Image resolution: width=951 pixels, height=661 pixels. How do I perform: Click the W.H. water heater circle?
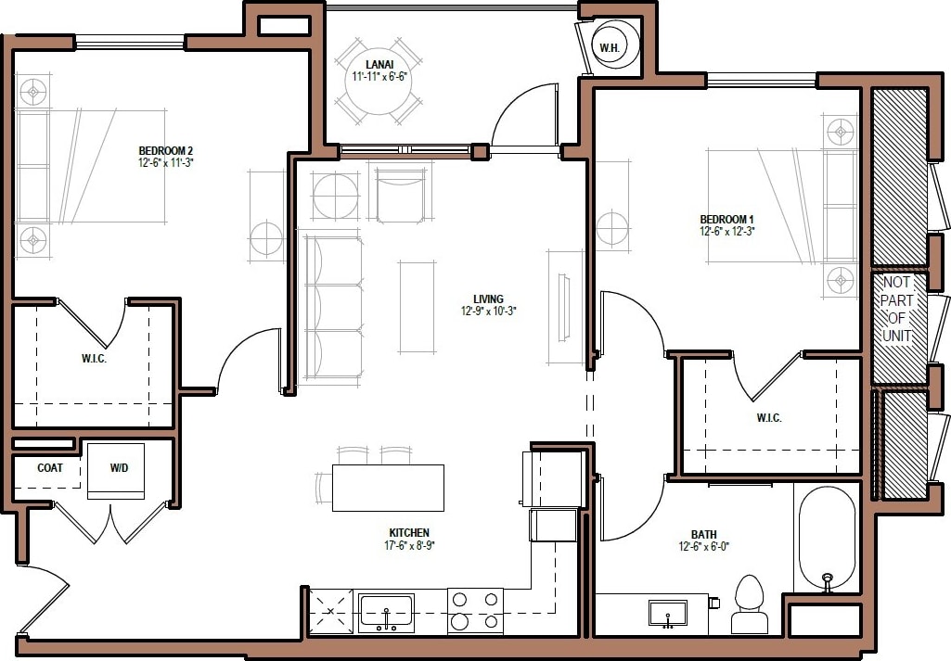point(610,47)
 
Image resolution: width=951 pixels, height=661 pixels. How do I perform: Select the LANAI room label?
point(375,63)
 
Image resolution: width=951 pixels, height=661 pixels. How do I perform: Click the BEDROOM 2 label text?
point(165,150)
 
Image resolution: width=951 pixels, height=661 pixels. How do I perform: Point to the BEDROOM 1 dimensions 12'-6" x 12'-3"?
point(726,232)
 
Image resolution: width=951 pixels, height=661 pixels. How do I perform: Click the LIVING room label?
point(488,299)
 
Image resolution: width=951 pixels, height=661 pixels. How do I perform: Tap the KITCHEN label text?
point(408,532)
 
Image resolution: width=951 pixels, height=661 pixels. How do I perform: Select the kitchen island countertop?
point(388,488)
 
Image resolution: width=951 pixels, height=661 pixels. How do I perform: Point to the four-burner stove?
point(475,611)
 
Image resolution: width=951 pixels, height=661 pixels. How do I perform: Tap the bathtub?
point(825,539)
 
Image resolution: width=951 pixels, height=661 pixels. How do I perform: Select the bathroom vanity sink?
point(667,613)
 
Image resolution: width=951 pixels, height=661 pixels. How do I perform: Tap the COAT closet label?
point(50,468)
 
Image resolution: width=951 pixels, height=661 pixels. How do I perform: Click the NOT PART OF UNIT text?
point(897,309)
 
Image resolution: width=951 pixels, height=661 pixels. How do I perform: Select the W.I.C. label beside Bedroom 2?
point(94,359)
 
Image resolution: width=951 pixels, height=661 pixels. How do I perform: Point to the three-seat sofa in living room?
point(331,309)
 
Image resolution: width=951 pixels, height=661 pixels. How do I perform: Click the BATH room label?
point(703,534)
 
